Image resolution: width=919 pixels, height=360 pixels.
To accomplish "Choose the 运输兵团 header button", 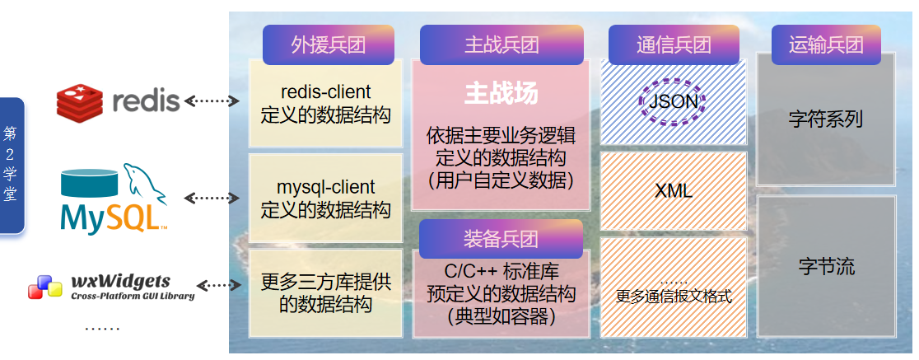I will [826, 44].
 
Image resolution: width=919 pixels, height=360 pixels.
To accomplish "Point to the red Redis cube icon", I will [79, 101].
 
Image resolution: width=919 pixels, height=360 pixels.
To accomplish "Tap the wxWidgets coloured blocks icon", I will [45, 287].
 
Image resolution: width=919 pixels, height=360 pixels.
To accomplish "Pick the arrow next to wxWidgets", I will [217, 285].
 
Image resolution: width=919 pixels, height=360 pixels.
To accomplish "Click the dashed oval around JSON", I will [673, 101].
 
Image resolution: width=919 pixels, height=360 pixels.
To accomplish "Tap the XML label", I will [673, 192].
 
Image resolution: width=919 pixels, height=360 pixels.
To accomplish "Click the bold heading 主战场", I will [501, 93].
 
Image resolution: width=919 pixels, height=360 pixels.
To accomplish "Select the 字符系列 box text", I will [825, 119].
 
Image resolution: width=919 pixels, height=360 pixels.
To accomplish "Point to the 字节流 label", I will [826, 267].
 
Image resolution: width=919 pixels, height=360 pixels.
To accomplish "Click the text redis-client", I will [325, 91].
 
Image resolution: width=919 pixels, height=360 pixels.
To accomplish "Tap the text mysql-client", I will [325, 188].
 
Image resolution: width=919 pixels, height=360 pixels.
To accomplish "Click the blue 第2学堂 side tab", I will [12, 165].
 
